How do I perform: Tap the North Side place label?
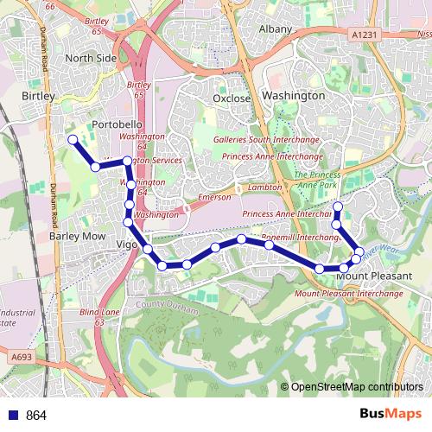(x=90, y=58)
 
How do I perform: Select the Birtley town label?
(x=38, y=95)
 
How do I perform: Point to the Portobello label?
(x=116, y=124)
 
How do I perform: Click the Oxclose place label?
(x=232, y=98)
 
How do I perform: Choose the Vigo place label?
(x=126, y=245)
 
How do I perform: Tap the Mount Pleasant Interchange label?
(x=349, y=294)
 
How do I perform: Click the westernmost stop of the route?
(x=73, y=139)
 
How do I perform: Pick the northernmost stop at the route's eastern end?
(x=338, y=206)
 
